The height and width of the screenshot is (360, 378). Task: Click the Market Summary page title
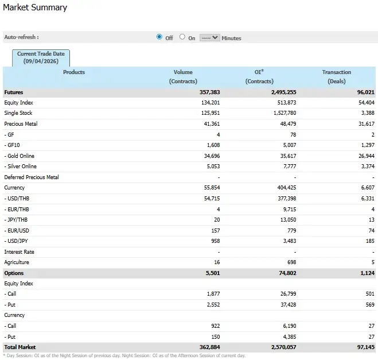click(35, 8)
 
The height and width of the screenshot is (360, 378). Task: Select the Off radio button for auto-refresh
click(159, 37)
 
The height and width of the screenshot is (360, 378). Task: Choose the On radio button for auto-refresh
click(182, 37)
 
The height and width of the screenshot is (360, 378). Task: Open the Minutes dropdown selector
click(210, 37)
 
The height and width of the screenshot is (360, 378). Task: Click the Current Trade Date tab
click(41, 57)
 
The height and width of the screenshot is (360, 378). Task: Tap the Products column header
click(74, 72)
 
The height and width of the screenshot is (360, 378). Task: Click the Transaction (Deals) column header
click(336, 76)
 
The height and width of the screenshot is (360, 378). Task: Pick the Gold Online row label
click(21, 156)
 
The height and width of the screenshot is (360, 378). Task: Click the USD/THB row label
click(18, 198)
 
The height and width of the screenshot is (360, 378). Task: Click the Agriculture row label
click(18, 262)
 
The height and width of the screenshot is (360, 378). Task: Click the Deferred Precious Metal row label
click(32, 177)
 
